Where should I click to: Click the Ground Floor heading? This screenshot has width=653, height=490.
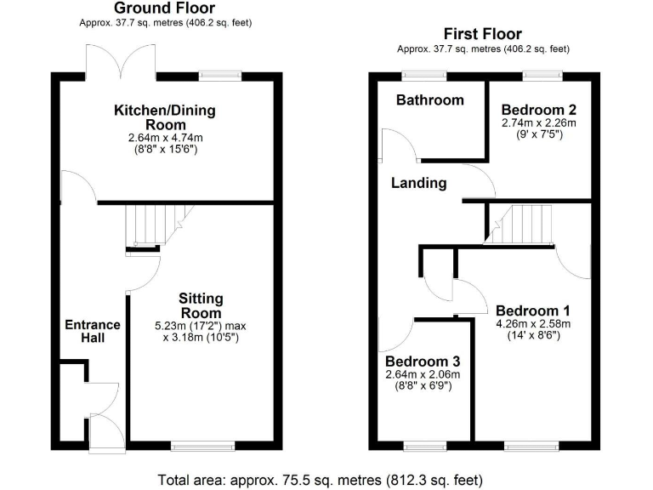tap(165, 9)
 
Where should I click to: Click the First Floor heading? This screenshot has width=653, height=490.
tap(483, 36)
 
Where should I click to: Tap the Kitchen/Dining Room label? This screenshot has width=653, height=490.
tap(165, 117)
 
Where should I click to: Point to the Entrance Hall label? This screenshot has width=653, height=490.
tap(93, 332)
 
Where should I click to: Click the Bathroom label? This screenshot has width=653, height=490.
tap(430, 100)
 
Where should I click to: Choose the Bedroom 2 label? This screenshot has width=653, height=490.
tap(539, 110)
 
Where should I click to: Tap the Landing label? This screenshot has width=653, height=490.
tap(418, 183)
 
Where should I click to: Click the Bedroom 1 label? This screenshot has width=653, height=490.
tap(533, 310)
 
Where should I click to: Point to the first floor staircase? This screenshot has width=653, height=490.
tap(519, 225)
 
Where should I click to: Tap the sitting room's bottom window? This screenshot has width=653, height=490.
tap(202, 445)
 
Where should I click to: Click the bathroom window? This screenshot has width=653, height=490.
tap(416, 75)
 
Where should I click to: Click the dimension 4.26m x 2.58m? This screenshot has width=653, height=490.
tap(533, 323)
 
